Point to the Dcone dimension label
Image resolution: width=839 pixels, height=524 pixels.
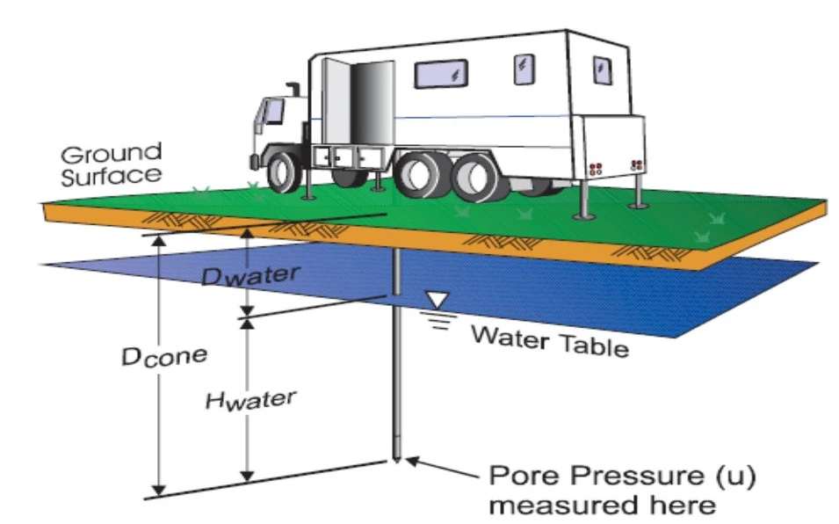164,355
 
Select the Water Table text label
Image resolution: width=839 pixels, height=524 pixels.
550,339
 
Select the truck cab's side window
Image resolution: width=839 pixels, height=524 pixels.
274,111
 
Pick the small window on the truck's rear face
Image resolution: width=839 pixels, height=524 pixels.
602,69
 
